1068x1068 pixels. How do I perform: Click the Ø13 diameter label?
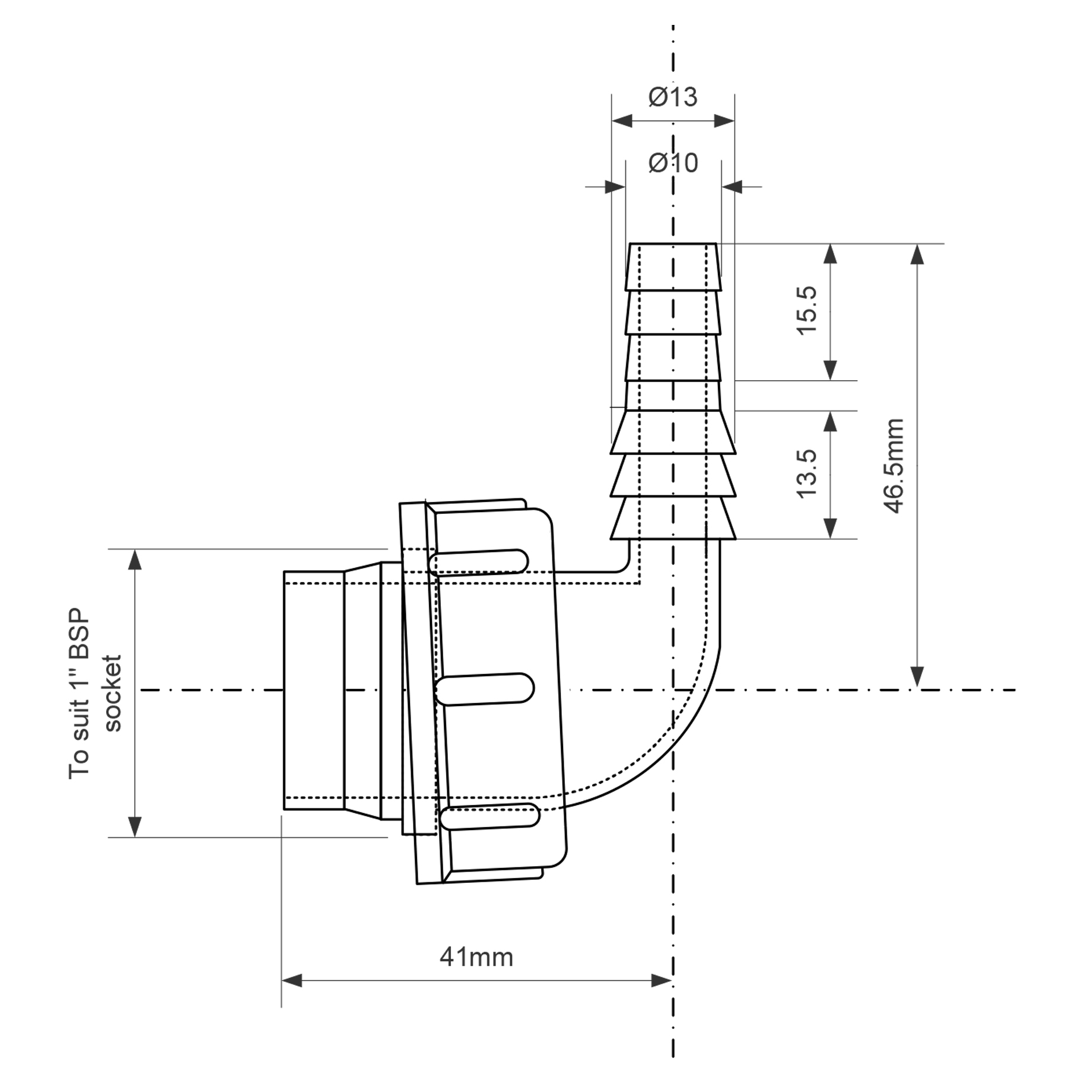click(x=673, y=97)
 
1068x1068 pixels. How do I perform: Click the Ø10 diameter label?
click(x=673, y=163)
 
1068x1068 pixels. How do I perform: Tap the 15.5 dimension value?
click(x=808, y=311)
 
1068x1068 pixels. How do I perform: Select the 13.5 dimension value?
click(x=808, y=473)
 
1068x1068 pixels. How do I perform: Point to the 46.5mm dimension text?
click(x=894, y=466)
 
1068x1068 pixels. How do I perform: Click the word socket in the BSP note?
click(x=112, y=693)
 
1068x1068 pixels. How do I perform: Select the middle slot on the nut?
click(x=485, y=689)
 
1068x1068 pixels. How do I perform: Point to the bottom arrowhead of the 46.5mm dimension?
click(x=917, y=676)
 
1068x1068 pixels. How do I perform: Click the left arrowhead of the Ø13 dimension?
click(x=621, y=122)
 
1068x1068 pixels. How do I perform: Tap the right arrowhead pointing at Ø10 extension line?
click(x=733, y=187)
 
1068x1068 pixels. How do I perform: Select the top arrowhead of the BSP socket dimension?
click(x=135, y=560)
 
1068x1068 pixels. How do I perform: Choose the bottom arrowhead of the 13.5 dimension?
click(x=831, y=529)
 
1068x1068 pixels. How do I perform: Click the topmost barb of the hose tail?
click(x=673, y=266)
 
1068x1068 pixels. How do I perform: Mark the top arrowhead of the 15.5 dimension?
click(x=831, y=254)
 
